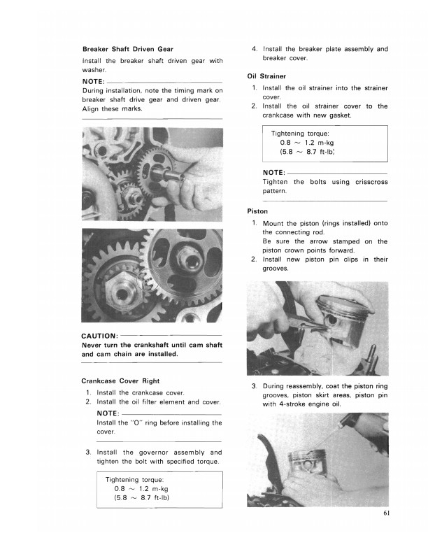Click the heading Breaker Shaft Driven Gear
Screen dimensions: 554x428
127,49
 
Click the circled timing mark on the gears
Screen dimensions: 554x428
151,282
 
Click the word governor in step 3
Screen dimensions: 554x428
150,452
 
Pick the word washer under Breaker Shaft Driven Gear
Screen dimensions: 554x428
93,71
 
